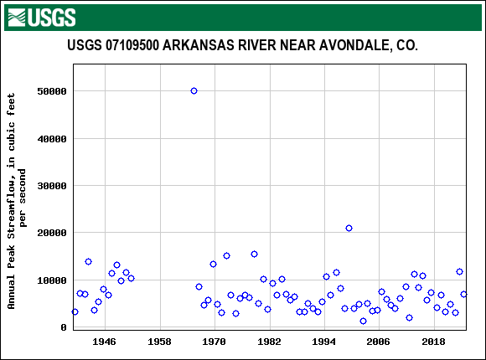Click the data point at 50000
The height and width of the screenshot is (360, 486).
(x=194, y=90)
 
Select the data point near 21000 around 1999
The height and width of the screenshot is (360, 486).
(x=349, y=228)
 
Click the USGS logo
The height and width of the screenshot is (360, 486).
(x=41, y=17)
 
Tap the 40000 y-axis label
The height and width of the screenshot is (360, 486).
(x=53, y=138)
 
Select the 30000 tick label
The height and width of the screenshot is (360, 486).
(x=53, y=186)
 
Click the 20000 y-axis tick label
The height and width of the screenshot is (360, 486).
(x=53, y=233)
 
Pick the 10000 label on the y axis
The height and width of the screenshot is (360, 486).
(x=53, y=280)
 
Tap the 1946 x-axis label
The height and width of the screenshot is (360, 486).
(x=104, y=342)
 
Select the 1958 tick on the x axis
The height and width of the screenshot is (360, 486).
(x=159, y=342)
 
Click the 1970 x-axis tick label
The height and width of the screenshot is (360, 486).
(x=215, y=342)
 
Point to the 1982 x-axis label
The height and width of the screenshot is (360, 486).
(x=269, y=342)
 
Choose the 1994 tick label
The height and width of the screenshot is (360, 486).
(x=323, y=342)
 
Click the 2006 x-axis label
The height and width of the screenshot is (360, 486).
(x=378, y=342)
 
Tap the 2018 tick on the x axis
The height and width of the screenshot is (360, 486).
(x=433, y=342)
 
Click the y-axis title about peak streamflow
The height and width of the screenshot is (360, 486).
(x=18, y=201)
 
